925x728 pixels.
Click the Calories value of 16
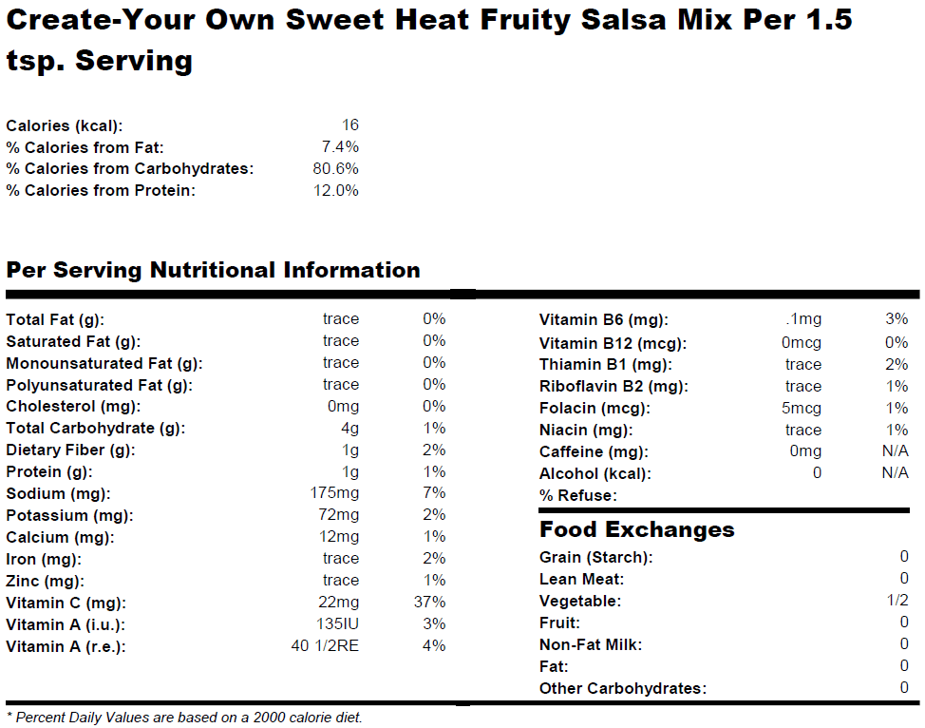(349, 125)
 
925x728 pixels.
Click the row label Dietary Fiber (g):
(70, 450)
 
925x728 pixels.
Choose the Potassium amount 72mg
(340, 515)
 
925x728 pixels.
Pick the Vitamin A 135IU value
(338, 624)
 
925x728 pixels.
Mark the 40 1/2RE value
(325, 646)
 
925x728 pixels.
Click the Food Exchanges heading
(636, 529)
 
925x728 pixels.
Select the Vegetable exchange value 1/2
(897, 601)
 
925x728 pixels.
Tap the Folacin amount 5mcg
(802, 409)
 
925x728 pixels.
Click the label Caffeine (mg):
(594, 452)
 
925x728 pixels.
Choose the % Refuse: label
(577, 495)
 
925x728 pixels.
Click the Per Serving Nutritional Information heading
(213, 270)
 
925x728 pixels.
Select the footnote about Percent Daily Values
(184, 718)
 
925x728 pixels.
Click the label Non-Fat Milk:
(591, 644)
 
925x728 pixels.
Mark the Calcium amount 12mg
(340, 537)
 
